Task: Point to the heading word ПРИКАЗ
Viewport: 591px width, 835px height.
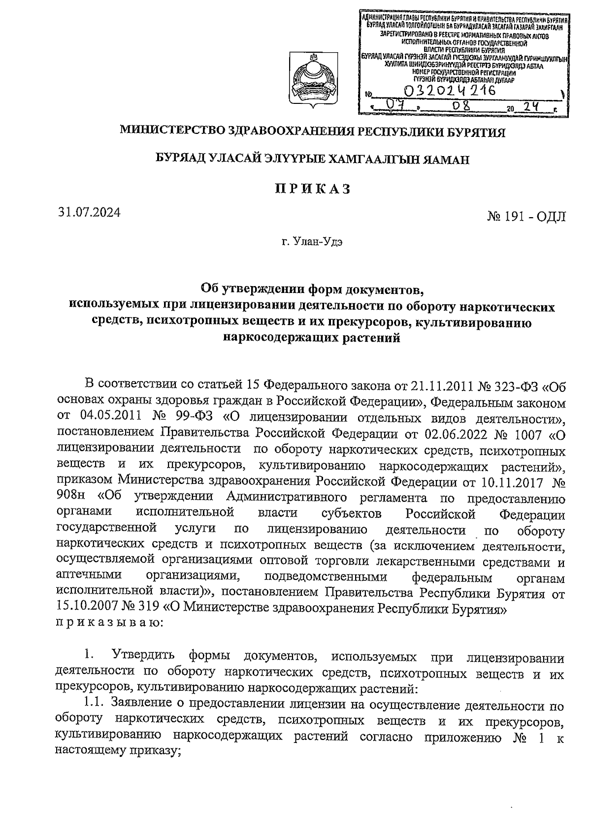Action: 312,189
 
